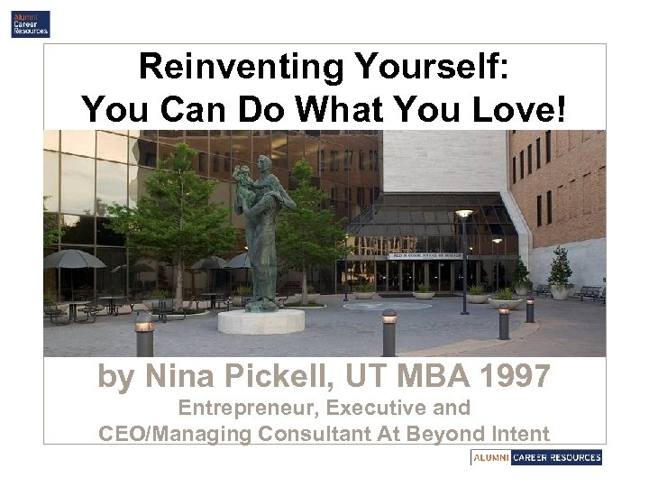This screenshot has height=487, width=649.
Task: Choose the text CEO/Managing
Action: pos(175,433)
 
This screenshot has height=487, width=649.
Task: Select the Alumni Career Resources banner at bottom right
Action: pos(536,457)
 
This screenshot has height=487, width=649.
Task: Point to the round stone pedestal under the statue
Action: pos(261,320)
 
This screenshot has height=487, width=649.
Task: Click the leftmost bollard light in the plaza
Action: pos(143,335)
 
